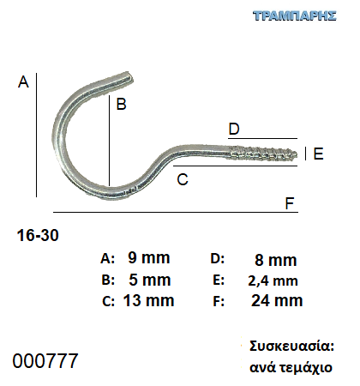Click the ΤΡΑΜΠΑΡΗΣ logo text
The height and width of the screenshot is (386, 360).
point(295,16)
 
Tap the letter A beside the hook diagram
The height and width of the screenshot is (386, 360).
point(23,81)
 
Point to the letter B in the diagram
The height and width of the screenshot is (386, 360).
point(122,104)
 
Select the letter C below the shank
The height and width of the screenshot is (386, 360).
point(183,179)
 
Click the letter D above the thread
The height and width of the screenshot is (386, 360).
point(234,129)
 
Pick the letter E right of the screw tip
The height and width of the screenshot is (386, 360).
point(318,154)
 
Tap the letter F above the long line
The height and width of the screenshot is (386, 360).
point(290,203)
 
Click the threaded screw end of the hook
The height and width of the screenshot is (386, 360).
point(263,154)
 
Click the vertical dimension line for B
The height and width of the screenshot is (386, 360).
point(109,141)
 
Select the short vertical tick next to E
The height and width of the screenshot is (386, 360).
point(306,154)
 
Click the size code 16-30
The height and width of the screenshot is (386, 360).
point(38,235)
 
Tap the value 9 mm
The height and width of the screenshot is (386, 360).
point(149,257)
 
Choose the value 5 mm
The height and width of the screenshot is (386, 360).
point(150,280)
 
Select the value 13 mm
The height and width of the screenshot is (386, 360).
point(148,300)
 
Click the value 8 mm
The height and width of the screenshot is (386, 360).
point(276,260)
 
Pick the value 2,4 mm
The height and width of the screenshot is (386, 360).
point(273,280)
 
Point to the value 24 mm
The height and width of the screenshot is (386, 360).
point(277,300)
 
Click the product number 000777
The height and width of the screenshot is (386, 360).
point(45,360)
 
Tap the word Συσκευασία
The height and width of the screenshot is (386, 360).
point(291,347)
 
